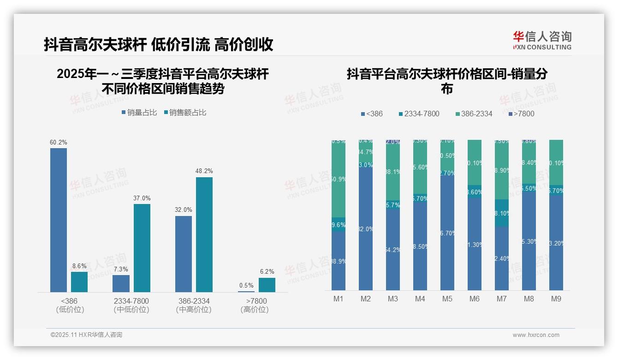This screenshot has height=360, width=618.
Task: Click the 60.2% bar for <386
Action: click(x=59, y=220)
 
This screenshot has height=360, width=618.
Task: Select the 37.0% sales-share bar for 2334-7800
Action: click(x=142, y=248)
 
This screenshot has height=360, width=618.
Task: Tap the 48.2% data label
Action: click(x=204, y=171)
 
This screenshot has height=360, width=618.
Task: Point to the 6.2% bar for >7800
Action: click(x=267, y=285)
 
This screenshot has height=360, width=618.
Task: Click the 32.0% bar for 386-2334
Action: click(x=184, y=254)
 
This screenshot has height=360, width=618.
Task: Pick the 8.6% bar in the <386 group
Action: click(x=79, y=282)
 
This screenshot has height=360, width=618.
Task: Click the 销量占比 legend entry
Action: click(x=139, y=113)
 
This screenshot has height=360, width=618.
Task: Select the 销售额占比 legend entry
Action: click(x=185, y=113)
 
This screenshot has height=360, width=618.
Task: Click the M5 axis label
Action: click(x=447, y=299)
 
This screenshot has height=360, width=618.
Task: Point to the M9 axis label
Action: click(x=556, y=299)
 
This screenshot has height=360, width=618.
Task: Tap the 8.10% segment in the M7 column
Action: click(x=502, y=213)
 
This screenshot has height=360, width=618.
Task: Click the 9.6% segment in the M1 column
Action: click(x=339, y=225)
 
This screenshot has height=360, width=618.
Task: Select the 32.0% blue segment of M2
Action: click(x=366, y=228)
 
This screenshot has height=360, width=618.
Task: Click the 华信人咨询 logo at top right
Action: click(x=542, y=40)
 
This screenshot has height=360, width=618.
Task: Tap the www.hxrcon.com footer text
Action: click(x=536, y=335)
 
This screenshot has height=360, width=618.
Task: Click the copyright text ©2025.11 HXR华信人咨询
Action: click(x=86, y=335)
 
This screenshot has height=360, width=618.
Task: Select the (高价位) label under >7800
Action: click(x=254, y=310)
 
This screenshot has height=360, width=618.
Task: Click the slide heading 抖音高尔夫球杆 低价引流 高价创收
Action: click(x=159, y=44)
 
